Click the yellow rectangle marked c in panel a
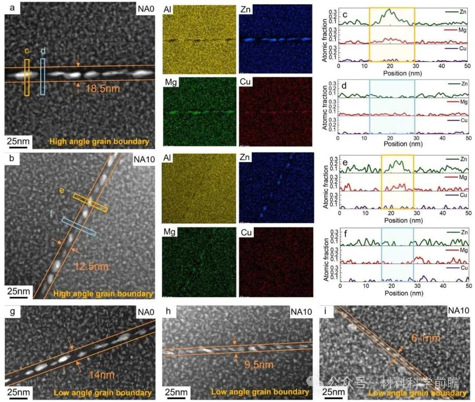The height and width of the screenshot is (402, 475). (x=27, y=77)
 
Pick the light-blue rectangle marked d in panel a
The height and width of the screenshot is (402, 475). (x=43, y=76)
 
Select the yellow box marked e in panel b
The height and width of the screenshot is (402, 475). (x=90, y=203)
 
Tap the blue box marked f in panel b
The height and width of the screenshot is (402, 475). (x=79, y=227)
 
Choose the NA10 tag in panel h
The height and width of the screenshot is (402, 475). (x=302, y=312)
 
